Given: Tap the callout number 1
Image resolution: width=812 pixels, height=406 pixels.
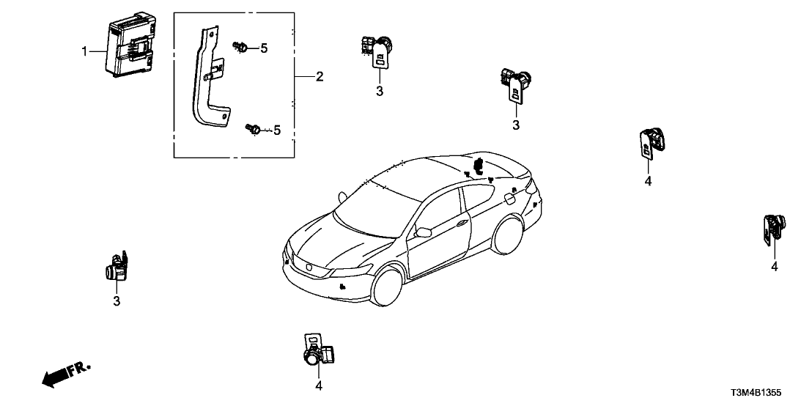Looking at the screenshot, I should (84, 51).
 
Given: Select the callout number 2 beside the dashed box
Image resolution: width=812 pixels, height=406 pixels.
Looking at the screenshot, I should (319, 77).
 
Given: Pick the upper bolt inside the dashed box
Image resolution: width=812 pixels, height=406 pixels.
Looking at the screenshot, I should (240, 48).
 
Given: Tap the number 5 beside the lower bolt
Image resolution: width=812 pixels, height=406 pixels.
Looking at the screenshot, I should (276, 130).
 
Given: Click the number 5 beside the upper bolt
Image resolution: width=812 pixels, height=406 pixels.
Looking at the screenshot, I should (264, 48).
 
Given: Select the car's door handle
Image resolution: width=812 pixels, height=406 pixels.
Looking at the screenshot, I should (461, 222).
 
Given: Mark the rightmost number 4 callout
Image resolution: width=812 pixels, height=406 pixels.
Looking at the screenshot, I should (774, 267).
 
